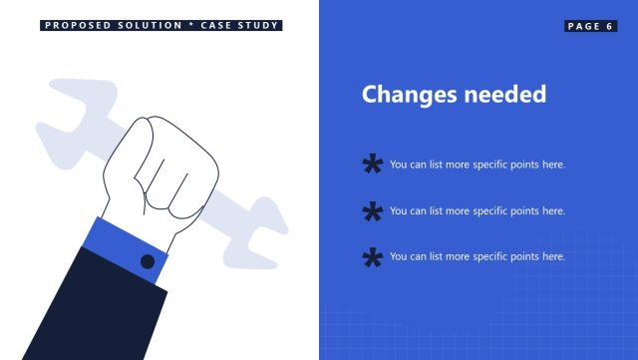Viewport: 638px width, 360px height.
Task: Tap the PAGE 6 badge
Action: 590,26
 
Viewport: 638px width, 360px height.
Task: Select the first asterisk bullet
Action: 373,165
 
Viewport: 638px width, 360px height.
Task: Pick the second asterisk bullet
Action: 373,211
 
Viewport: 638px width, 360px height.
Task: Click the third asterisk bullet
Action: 373,257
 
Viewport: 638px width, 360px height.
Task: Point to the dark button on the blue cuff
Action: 148,261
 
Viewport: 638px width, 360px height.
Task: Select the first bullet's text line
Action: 478,165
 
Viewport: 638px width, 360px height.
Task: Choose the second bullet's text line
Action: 478,211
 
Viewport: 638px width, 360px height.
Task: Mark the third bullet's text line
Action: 478,257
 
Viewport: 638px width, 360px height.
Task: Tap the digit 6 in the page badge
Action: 609,26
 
